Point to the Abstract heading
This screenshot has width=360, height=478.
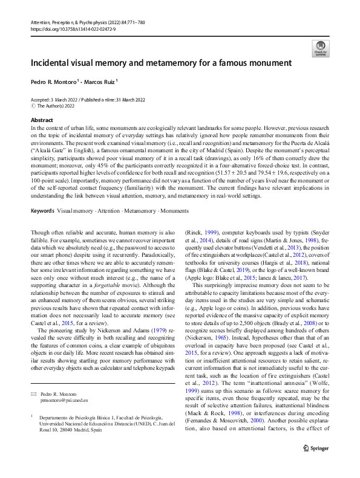click(42, 120)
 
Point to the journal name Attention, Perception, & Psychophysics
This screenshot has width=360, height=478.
click(72, 22)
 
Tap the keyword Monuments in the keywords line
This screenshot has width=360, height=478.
click(175, 211)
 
